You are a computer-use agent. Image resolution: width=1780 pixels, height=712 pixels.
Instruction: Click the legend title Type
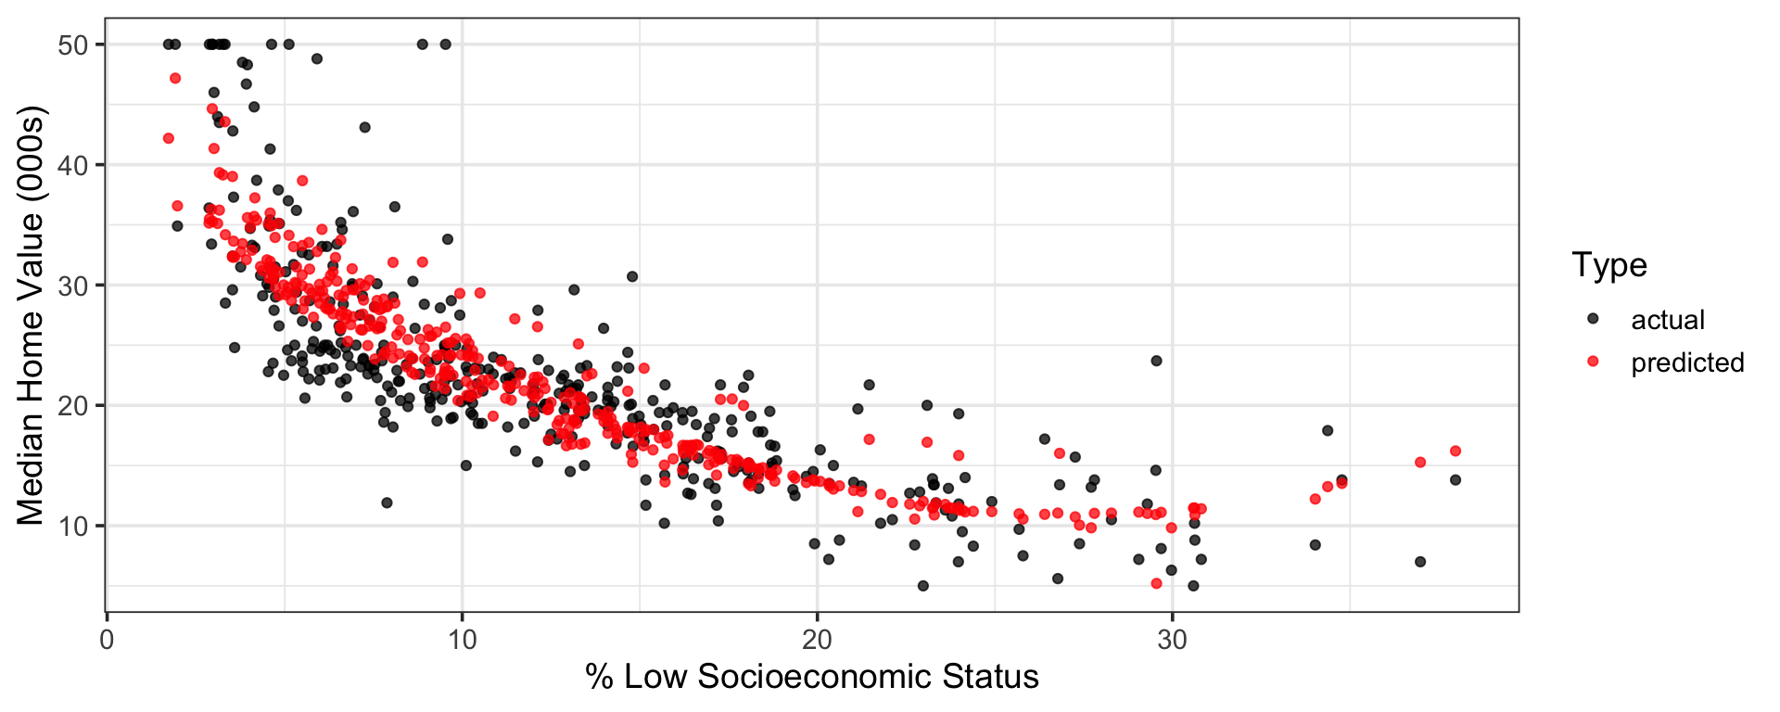1609,265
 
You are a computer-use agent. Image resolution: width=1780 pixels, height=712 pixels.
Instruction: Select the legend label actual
1668,320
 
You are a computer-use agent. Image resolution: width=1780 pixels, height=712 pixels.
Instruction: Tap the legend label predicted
1687,362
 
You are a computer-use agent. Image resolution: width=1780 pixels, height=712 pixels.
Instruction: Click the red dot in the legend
1593,362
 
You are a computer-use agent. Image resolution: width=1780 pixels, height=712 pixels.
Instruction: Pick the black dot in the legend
1593,318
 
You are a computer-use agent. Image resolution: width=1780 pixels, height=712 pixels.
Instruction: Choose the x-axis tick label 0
108,641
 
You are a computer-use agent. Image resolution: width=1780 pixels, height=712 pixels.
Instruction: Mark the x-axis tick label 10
463,641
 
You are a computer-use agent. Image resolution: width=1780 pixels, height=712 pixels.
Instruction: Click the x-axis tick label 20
817,641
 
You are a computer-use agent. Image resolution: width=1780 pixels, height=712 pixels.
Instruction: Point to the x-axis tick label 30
1172,641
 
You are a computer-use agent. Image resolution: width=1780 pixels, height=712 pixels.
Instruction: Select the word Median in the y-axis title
30,467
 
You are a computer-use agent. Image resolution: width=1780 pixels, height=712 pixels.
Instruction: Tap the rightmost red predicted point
1455,451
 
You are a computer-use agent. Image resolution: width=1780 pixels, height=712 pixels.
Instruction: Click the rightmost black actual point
1455,480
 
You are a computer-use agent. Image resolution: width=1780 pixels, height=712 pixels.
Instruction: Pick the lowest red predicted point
1156,583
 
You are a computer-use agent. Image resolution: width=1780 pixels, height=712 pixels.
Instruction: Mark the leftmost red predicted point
168,138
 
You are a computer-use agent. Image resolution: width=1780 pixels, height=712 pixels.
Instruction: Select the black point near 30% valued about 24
1156,361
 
